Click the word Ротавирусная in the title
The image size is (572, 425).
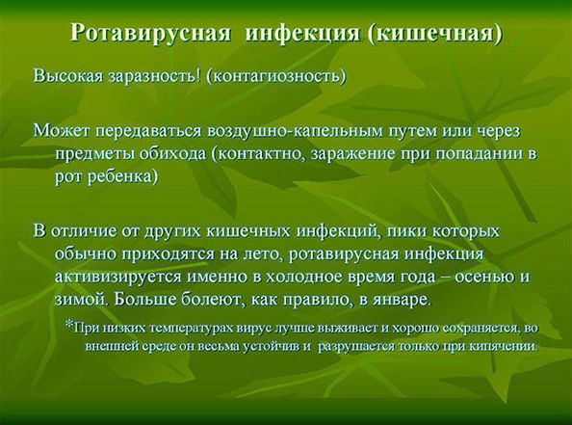150,34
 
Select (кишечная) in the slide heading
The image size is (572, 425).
435,34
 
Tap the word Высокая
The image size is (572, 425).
69,77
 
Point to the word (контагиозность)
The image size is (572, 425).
275,77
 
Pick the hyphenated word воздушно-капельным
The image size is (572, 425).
295,131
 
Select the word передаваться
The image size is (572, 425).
148,131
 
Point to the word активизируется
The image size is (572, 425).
118,278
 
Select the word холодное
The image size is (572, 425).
304,277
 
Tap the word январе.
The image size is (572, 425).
402,300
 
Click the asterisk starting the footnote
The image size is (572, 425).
69,324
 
